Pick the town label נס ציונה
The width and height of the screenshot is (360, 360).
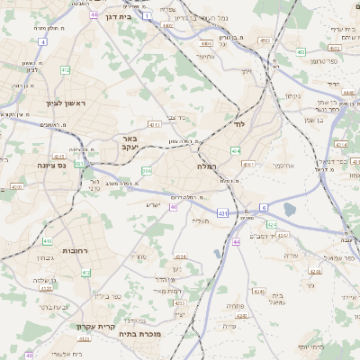[54, 165]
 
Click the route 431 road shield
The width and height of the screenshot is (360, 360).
[221, 212]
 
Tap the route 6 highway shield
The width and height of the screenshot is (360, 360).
[264, 206]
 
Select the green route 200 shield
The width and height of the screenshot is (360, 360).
[147, 170]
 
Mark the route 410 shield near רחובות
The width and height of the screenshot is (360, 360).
[47, 242]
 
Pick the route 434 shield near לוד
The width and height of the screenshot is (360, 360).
[235, 151]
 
